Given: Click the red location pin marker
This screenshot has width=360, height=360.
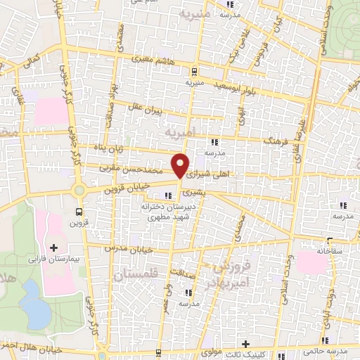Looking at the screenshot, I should click(x=181, y=167).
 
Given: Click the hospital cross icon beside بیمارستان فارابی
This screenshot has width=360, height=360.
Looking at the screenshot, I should click(x=54, y=247).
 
